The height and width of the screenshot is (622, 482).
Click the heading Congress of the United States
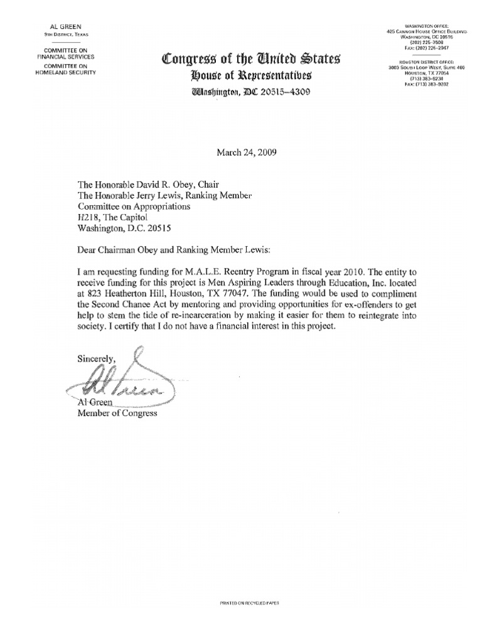coord(251,60)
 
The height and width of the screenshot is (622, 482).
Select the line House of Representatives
coord(252,77)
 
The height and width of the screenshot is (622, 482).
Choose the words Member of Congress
coord(117,414)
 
